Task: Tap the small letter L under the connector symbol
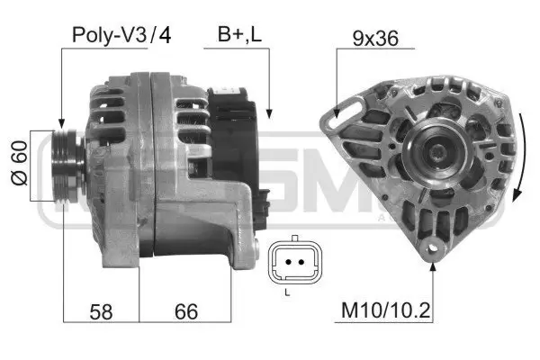pos(287,292)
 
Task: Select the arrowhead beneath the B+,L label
pos(271,112)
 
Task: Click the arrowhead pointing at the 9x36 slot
pos(337,112)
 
